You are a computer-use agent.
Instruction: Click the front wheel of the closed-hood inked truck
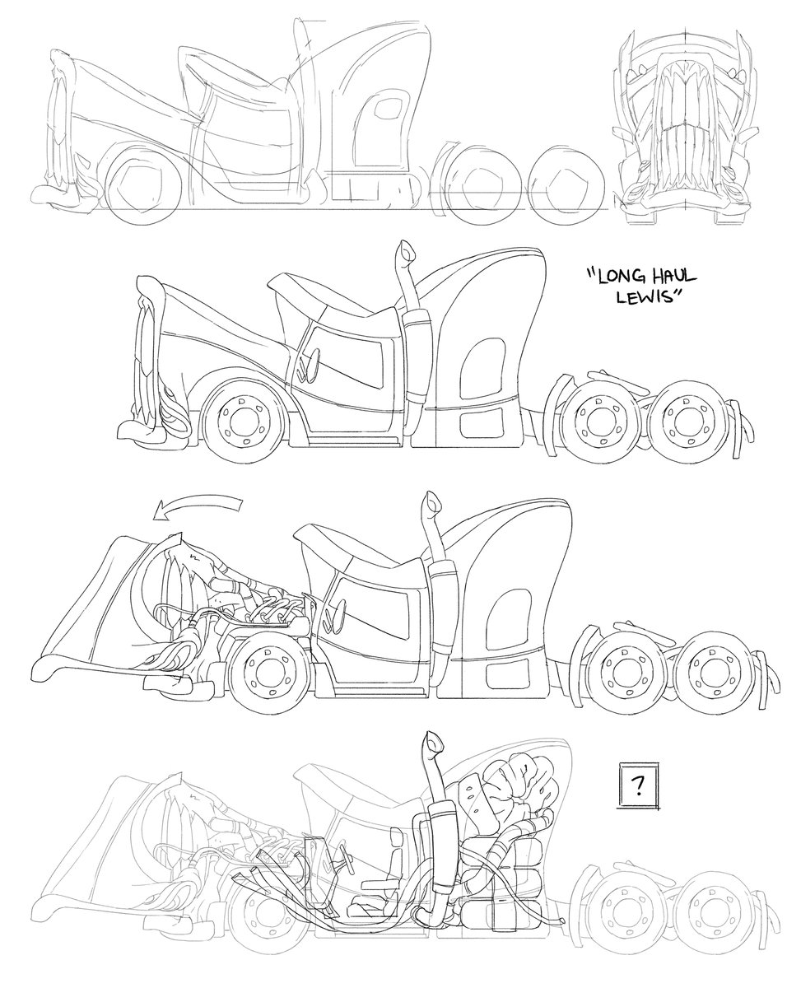(x=238, y=421)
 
